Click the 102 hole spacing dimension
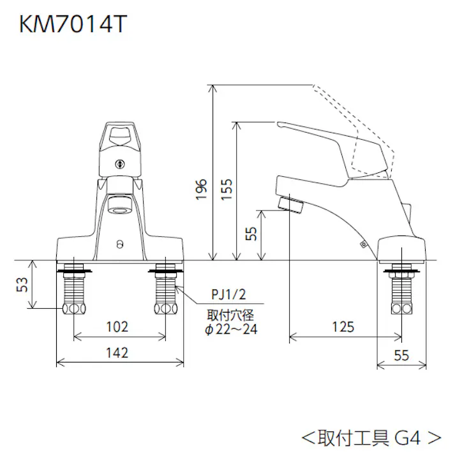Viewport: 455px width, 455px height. point(117,327)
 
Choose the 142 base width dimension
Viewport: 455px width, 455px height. point(117,352)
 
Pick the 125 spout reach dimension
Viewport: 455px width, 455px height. point(343,327)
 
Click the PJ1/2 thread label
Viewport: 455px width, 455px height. point(227,294)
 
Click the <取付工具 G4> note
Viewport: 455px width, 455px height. point(371,437)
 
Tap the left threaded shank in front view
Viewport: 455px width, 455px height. point(75,288)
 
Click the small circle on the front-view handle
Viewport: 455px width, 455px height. point(119,161)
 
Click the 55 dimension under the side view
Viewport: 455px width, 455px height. point(401,356)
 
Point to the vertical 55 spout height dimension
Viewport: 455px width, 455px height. point(251,234)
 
